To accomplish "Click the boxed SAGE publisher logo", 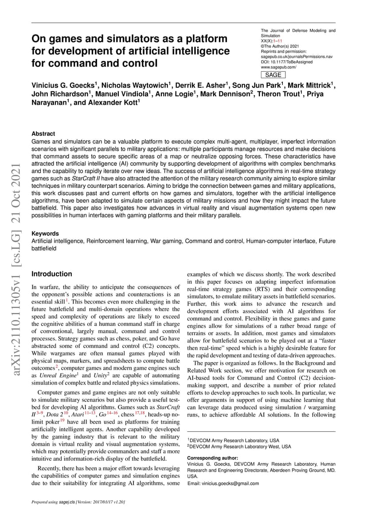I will click(x=273, y=75).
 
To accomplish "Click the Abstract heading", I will click(x=43, y=133).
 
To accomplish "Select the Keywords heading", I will click(x=45, y=234).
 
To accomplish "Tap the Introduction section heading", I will click(x=51, y=274).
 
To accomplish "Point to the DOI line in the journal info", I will click(x=286, y=62).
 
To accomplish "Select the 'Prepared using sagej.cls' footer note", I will click(x=78, y=502).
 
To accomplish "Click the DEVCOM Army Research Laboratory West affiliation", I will click(x=239, y=446).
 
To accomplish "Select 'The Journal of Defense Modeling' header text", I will click(x=298, y=31).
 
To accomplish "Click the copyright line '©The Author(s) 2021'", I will click(x=280, y=46).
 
